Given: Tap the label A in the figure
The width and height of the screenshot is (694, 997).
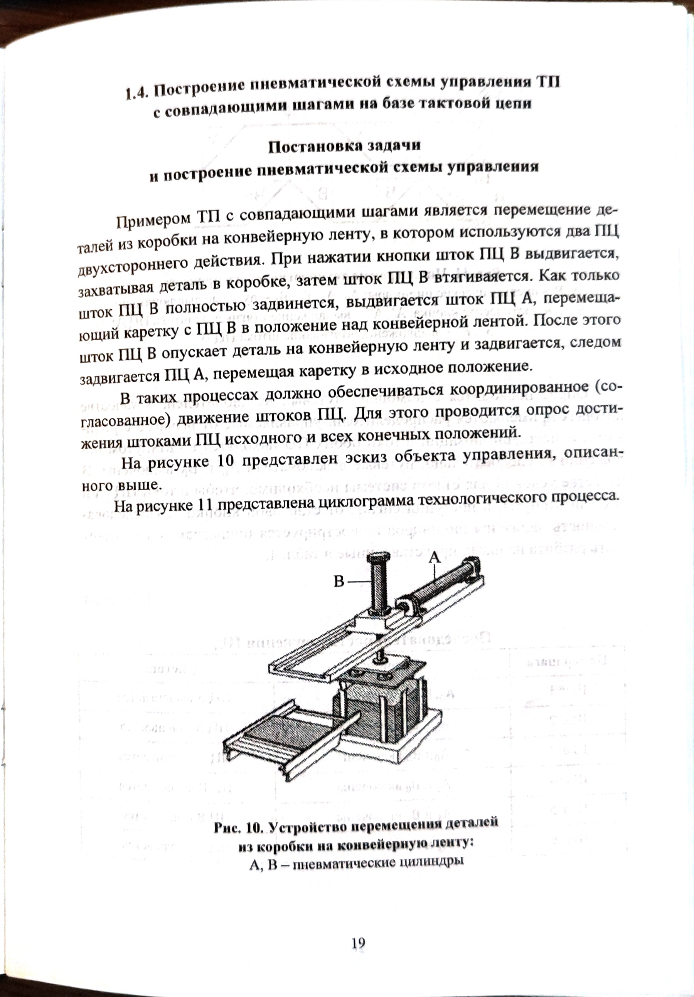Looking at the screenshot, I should coord(434,557).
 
